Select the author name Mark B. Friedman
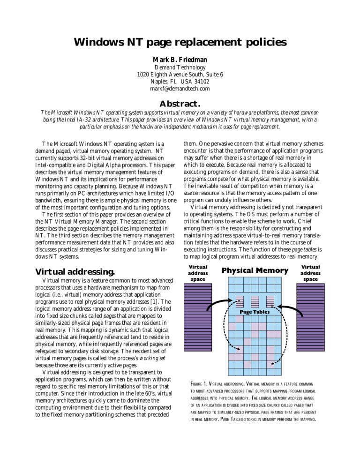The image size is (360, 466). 180,60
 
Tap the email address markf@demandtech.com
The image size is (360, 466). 180,88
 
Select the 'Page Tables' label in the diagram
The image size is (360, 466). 255,311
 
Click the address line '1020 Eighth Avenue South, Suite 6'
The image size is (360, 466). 180,74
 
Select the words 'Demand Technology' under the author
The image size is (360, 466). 180,67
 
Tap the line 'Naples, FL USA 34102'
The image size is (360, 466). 180,81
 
